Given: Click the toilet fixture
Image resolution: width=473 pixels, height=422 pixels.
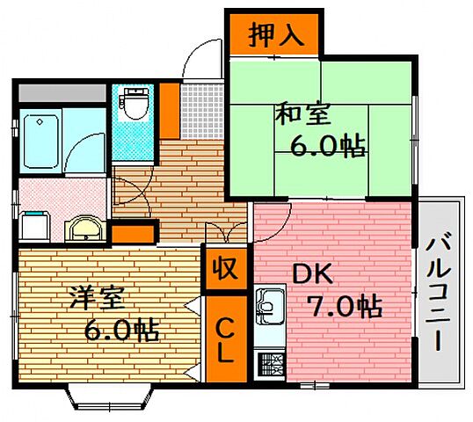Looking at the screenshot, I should [x=135, y=106].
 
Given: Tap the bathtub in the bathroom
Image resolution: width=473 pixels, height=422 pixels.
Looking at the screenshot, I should [x=41, y=141].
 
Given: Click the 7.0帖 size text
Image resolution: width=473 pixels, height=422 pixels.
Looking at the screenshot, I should [x=344, y=309].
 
